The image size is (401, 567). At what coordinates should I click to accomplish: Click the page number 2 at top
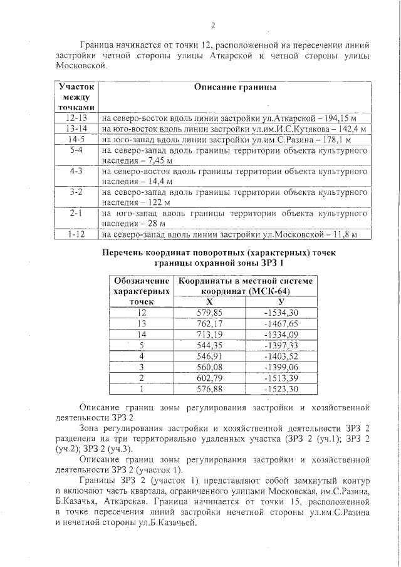[213, 26]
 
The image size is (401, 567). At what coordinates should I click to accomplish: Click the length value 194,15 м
[335, 118]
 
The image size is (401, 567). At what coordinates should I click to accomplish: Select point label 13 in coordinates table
[142, 323]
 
